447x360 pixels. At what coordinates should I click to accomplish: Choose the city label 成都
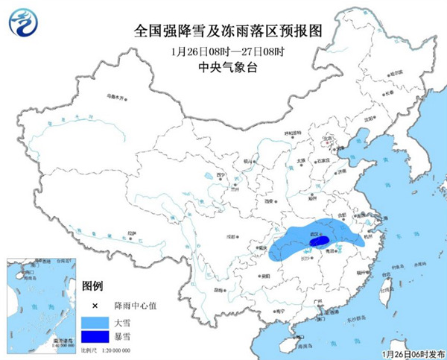(x=232, y=237)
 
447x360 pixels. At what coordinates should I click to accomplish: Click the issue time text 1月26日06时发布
(x=412, y=353)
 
